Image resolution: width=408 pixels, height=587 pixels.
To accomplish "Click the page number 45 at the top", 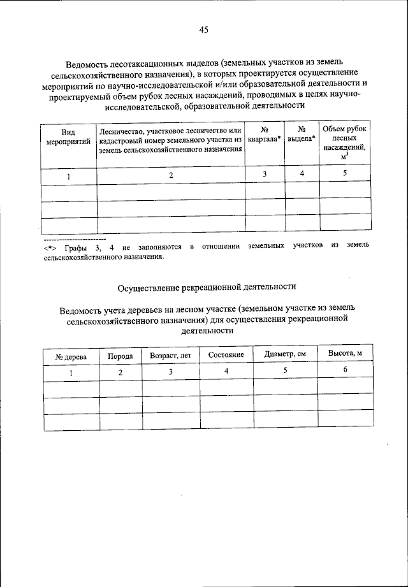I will click(203, 29).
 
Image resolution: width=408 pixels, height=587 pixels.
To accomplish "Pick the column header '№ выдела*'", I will click(302, 134).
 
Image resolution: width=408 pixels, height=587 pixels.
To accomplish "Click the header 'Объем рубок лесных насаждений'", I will click(345, 142).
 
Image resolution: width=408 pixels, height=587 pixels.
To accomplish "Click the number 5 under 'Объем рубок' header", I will click(345, 173).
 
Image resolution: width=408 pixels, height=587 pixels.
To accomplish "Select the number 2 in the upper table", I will click(171, 175).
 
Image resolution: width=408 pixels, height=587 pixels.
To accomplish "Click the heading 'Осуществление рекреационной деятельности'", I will click(203, 287).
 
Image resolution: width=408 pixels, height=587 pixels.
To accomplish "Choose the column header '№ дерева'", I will click(71, 355).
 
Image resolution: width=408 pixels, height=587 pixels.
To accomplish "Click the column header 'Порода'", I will click(120, 356).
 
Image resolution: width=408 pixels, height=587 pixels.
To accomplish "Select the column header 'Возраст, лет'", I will click(170, 355).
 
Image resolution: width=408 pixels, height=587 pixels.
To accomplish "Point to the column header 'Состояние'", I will click(226, 354).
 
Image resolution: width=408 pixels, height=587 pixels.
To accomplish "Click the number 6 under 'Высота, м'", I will click(345, 370).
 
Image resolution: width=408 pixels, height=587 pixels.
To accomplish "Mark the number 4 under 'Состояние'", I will click(226, 371).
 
